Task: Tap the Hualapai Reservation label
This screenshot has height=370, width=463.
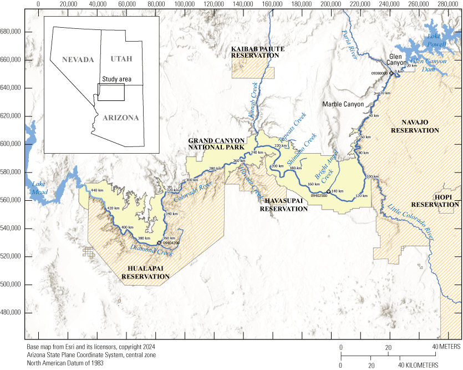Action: [145, 272]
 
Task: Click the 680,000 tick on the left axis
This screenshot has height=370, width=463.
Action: [11, 31]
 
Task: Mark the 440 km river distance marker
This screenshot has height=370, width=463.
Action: [98, 190]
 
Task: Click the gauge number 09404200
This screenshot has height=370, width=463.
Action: [171, 243]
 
